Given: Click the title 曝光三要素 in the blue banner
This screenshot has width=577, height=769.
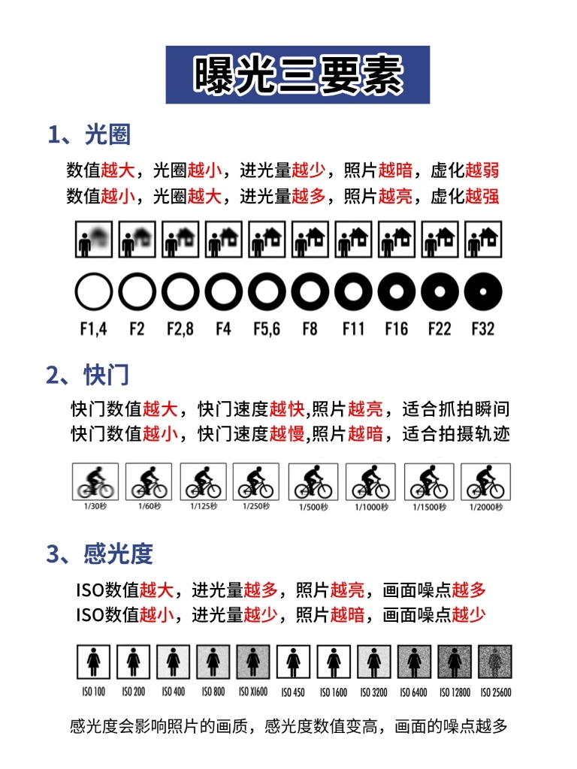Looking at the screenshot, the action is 298,74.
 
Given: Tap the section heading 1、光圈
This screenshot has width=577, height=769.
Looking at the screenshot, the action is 89,134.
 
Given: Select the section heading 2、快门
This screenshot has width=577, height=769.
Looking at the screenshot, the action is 88,375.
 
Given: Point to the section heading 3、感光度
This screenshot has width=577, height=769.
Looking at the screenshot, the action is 100,553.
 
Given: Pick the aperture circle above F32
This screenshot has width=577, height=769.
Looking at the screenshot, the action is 483,292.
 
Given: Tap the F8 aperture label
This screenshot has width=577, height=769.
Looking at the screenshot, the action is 310,329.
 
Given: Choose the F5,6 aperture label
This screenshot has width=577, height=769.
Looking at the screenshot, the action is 267,329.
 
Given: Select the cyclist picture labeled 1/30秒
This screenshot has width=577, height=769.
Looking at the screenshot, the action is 95,481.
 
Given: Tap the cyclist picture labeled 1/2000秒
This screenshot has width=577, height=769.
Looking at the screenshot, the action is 486,481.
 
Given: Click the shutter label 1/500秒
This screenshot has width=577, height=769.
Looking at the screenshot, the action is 313,507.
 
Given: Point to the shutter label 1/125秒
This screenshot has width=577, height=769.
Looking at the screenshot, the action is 204,505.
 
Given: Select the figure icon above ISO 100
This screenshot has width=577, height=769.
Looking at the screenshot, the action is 94,662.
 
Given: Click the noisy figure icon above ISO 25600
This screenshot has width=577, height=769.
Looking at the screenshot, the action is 495,662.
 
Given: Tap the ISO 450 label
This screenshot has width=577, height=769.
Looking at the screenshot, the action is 293,692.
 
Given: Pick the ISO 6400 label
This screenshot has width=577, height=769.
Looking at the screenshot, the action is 414,692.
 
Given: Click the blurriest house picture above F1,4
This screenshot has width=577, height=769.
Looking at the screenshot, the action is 94,240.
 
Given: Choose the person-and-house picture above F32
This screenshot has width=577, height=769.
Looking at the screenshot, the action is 483,240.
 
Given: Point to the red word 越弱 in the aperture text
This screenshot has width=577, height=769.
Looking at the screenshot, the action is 482,170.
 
